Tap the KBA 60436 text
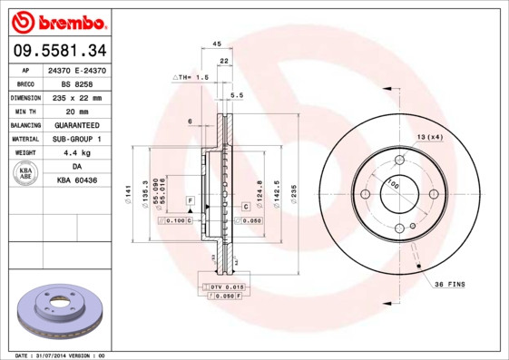(76, 181)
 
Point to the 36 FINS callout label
(448, 284)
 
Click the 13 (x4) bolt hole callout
(429, 136)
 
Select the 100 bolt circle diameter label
(394, 185)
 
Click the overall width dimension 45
(216, 44)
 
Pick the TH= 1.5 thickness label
(191, 78)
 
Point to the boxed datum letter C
(245, 208)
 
